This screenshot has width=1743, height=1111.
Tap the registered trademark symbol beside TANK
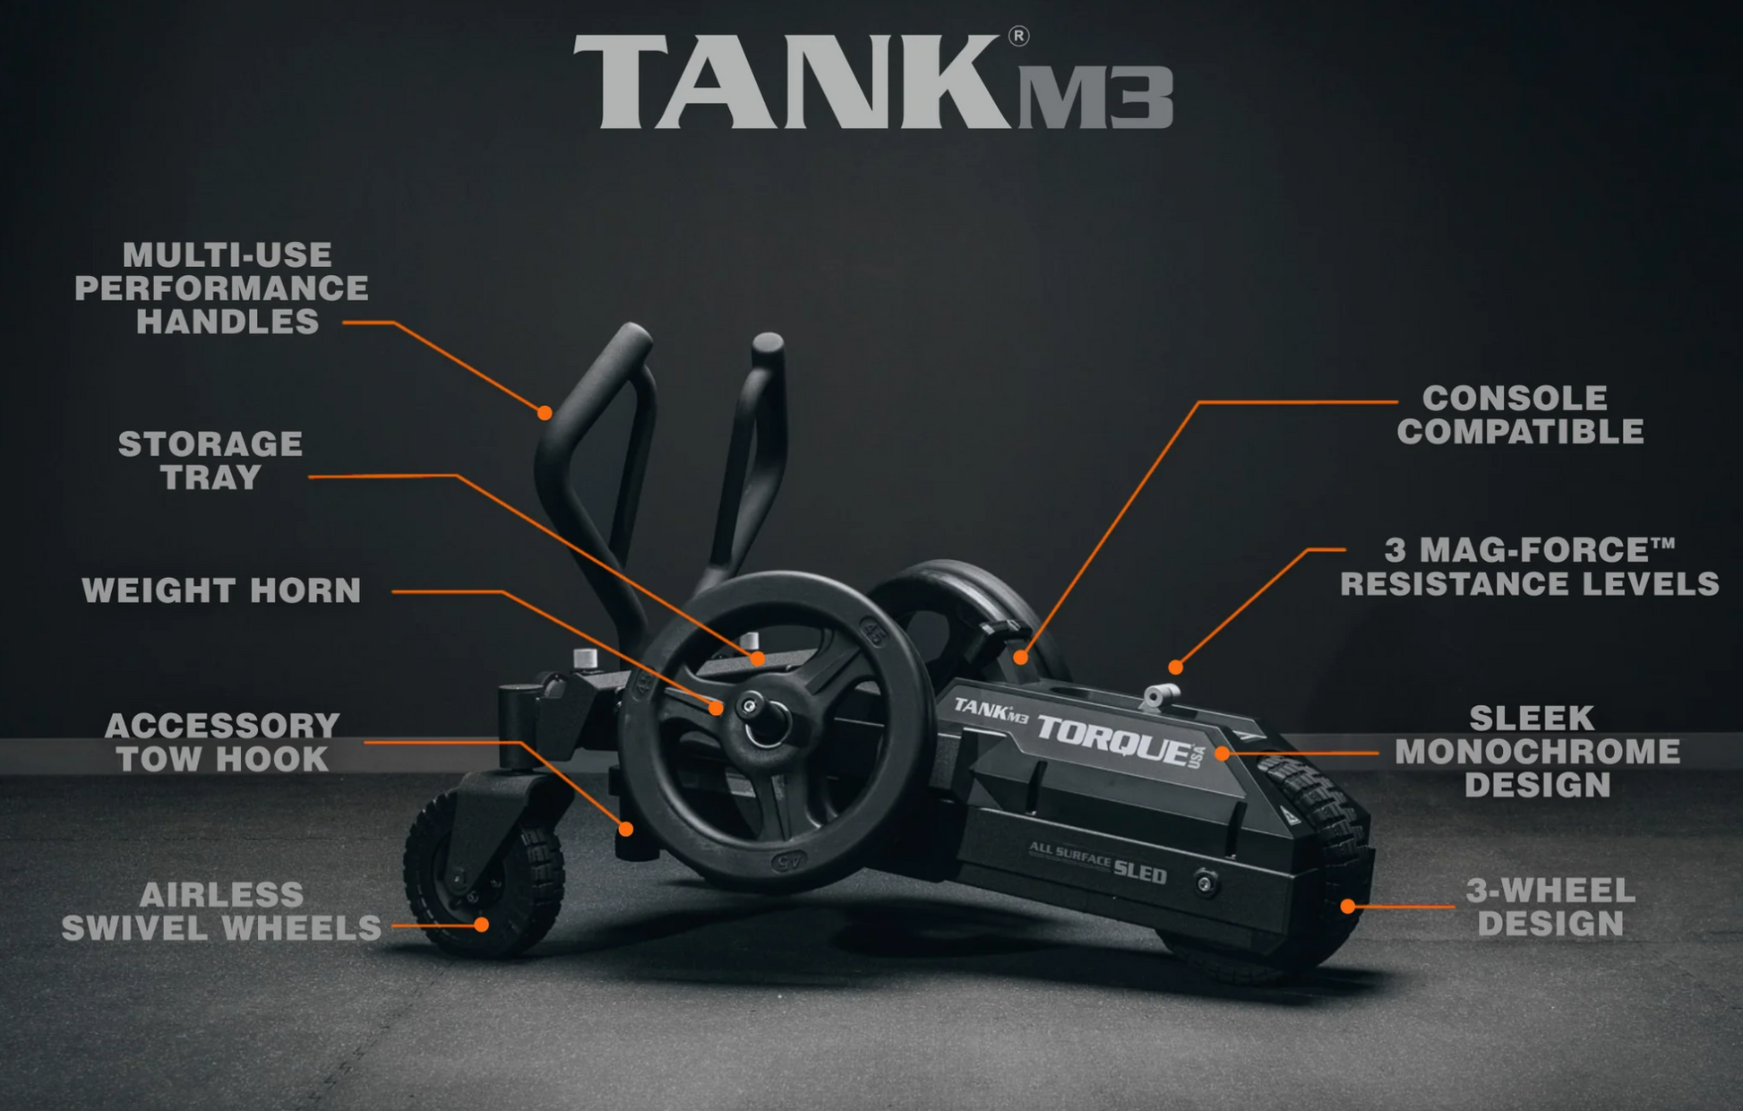(x=1018, y=36)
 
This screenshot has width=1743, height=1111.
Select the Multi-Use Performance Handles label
(x=222, y=289)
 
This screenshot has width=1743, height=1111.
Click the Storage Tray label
(x=210, y=461)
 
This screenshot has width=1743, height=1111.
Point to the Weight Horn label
(x=221, y=590)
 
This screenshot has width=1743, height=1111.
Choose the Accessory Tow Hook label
(x=222, y=743)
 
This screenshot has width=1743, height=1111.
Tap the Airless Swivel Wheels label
(x=221, y=911)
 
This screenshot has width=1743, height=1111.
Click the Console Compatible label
(x=1520, y=415)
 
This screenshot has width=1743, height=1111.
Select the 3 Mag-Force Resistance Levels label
(x=1530, y=567)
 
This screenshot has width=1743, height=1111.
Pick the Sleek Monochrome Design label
(x=1537, y=752)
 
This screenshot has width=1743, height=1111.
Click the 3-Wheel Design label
(x=1550, y=907)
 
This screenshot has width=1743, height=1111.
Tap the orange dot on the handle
(x=545, y=413)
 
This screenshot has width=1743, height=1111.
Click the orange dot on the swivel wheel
(x=481, y=924)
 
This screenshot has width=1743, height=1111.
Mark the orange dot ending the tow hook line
(x=626, y=829)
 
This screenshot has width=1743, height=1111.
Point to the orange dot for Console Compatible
(x=1020, y=657)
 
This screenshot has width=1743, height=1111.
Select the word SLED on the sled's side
(x=1139, y=870)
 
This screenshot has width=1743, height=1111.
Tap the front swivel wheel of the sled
(x=484, y=874)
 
